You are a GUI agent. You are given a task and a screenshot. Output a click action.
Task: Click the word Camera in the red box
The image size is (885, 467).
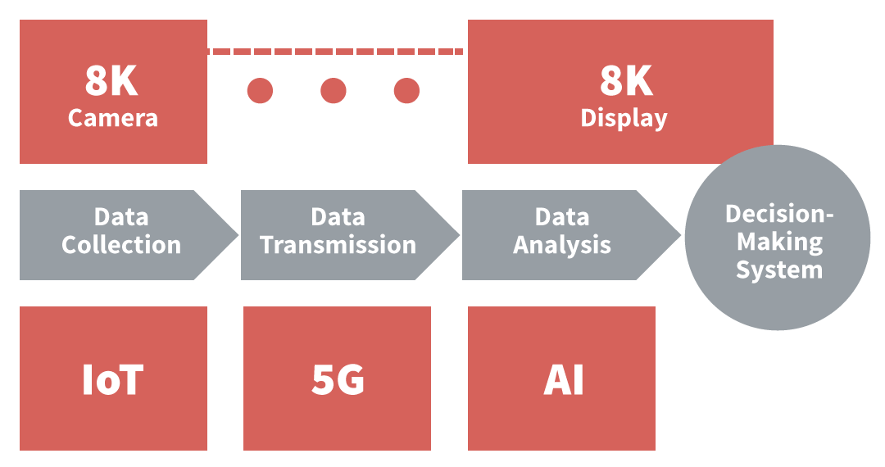coord(113,118)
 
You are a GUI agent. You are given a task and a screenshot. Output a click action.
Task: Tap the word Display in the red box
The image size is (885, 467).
coord(624,118)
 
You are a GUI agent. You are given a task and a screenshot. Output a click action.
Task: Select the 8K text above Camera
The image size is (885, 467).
coord(111,81)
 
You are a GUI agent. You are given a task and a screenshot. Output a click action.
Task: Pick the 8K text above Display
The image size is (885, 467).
coord(626,81)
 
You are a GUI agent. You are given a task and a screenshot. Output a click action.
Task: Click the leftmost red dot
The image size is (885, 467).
coord(260,90)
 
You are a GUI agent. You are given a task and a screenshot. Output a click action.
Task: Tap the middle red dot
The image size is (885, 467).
coord(333,90)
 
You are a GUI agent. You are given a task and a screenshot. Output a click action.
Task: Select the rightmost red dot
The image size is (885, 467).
coord(406,90)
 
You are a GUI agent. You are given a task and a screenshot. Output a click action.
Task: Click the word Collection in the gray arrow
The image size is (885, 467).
coord(121,245)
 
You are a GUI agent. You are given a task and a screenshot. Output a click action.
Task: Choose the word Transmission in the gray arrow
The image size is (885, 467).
coord(338,245)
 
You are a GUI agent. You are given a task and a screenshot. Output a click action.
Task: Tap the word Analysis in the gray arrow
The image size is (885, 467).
coord(562,245)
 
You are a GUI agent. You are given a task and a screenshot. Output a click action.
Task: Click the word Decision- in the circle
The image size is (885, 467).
coord(778,215)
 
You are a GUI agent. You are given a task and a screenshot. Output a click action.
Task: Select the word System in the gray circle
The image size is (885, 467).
coord(778,270)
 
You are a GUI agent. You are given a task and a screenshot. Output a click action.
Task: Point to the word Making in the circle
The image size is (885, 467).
coord(778,243)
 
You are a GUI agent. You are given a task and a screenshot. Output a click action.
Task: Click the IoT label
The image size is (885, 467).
coord(113,380)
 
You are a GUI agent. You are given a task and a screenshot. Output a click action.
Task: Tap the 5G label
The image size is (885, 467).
coord(338,380)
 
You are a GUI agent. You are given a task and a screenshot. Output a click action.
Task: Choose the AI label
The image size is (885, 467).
coord(564,380)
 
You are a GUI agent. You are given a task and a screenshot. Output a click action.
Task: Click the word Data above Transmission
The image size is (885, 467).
coord(338,217)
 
